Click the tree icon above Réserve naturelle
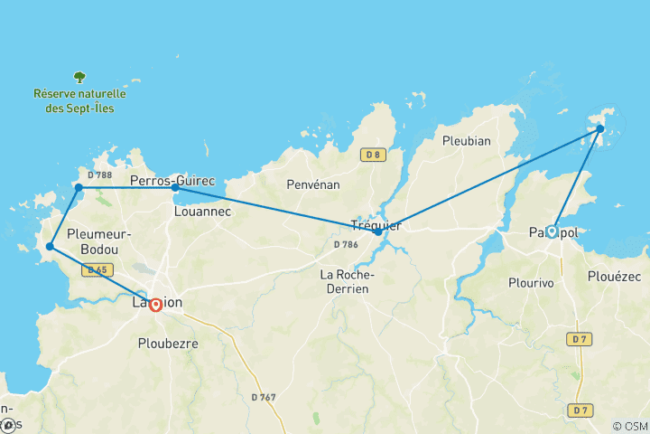(x=79, y=78)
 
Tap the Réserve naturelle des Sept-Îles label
(x=79, y=101)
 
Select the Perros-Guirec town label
(x=172, y=181)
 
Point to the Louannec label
(x=201, y=212)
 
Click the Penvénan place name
(x=311, y=184)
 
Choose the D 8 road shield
(x=373, y=155)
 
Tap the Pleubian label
(x=466, y=140)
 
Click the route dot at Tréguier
(x=378, y=231)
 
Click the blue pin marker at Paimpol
(x=552, y=231)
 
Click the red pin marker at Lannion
(x=156, y=305)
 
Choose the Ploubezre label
(x=168, y=344)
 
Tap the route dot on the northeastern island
(x=600, y=129)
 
